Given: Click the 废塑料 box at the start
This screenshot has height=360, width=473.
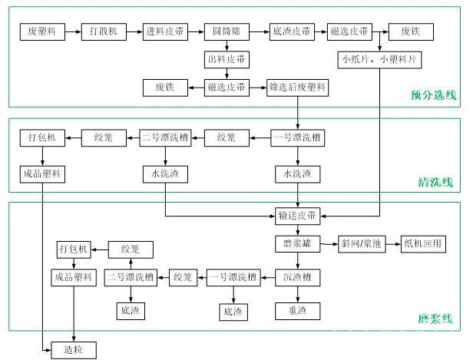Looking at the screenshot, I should (x=41, y=32).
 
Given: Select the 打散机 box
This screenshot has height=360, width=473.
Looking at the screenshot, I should (x=103, y=32).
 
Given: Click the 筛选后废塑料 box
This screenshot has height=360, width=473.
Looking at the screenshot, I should (x=296, y=86).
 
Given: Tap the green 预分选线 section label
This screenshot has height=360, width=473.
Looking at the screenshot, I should (x=434, y=95).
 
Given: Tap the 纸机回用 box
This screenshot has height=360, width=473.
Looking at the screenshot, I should (x=424, y=244).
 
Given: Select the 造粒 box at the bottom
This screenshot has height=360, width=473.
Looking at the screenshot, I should (x=74, y=350).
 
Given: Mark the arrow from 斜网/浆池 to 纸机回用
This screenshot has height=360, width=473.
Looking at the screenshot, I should (x=392, y=244).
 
